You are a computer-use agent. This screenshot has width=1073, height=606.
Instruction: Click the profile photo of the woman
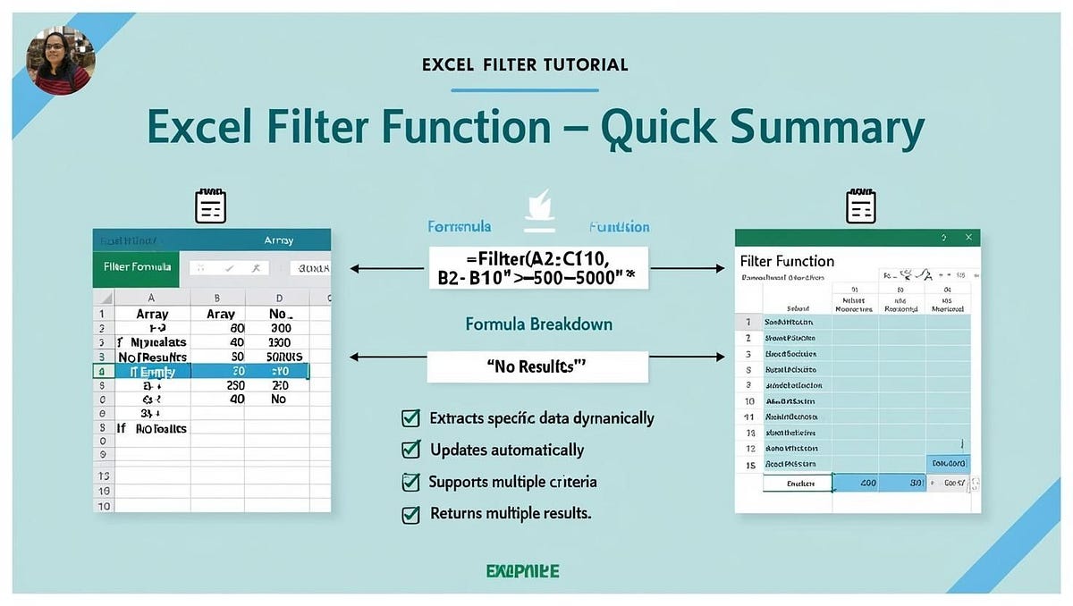(61, 60)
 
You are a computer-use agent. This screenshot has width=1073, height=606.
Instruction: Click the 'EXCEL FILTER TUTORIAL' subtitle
(524, 64)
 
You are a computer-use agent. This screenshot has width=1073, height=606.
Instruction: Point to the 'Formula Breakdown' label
(538, 324)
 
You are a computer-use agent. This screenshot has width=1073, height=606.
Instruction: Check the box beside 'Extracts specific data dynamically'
(410, 417)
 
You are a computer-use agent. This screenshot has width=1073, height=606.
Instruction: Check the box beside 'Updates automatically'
(410, 450)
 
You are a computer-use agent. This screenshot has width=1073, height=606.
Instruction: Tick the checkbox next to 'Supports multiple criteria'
(410, 482)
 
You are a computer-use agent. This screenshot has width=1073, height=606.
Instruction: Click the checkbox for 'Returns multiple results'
(410, 514)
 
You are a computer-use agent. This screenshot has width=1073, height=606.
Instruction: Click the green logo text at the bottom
(523, 570)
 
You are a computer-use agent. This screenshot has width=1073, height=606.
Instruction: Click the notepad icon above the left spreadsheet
(210, 206)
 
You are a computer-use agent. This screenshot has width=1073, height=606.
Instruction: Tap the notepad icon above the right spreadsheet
(860, 206)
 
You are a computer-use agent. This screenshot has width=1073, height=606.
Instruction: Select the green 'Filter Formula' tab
(137, 267)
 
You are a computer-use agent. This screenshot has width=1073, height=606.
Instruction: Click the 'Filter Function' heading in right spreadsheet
(787, 261)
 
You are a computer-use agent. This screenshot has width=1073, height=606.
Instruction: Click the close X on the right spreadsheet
(967, 238)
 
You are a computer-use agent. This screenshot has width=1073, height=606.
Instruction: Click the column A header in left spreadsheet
(151, 298)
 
